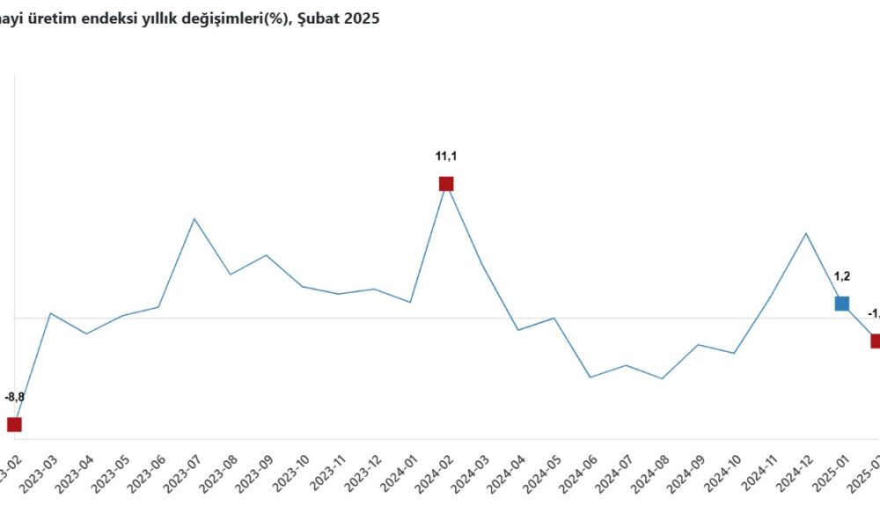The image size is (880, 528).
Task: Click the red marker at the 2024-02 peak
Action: coord(446,184)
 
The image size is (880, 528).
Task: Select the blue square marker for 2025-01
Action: coord(842,304)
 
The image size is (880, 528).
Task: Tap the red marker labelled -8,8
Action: coord(14,424)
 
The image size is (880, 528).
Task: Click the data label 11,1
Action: coord(446,157)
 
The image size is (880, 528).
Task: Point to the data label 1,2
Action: coord(842,276)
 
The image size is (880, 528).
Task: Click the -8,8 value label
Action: coord(15,398)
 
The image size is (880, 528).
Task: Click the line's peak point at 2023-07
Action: coord(194,218)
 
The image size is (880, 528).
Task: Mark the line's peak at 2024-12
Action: coord(806,233)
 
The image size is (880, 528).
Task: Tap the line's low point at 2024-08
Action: coord(662,378)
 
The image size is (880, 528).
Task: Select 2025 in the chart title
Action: coord(362,18)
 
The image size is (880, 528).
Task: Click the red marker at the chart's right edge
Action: coord(875,341)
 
